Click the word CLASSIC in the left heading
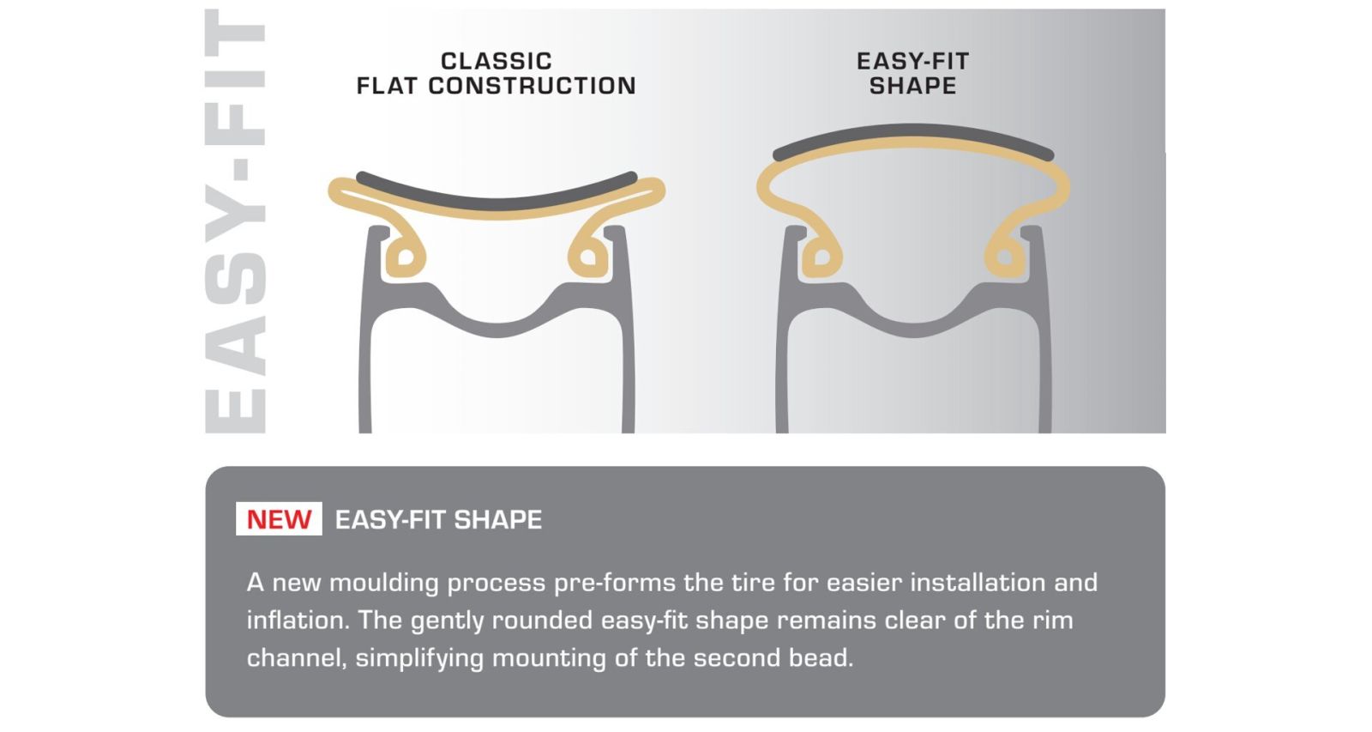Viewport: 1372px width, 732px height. click(x=496, y=61)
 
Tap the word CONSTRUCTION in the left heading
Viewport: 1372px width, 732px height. click(x=532, y=86)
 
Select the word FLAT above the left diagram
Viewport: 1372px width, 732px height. click(x=387, y=86)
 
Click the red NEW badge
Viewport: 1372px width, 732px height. click(x=279, y=519)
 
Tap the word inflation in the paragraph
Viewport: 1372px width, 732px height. click(x=297, y=620)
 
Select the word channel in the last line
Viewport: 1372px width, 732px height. click(x=297, y=658)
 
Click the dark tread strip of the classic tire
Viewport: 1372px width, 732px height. click(x=496, y=197)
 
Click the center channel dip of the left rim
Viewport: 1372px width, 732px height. click(x=496, y=329)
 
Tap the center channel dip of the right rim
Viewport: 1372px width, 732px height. click(x=913, y=329)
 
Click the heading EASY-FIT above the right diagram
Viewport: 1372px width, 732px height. click(x=912, y=61)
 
